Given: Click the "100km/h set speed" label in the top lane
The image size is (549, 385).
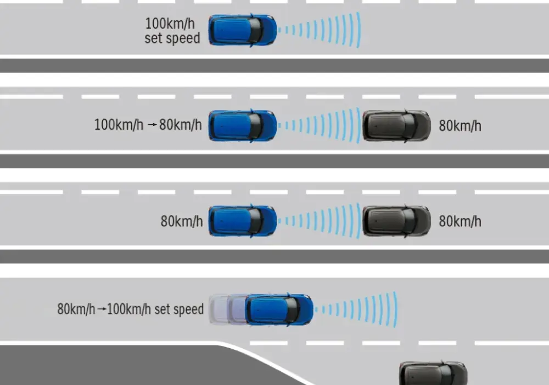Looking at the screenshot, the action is pyautogui.click(x=172, y=31).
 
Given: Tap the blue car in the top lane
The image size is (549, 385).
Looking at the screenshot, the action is pyautogui.click(x=242, y=30).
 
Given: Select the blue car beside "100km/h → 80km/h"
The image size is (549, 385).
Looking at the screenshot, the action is pyautogui.click(x=242, y=126).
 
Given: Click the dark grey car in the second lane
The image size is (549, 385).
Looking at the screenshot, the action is pyautogui.click(x=397, y=126).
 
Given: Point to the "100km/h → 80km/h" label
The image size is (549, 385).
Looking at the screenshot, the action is pyautogui.click(x=148, y=125).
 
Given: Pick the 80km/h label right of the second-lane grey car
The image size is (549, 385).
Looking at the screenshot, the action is pyautogui.click(x=460, y=126).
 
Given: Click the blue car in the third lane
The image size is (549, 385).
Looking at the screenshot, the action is pyautogui.click(x=242, y=221).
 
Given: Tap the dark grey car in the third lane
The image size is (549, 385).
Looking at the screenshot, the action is pyautogui.click(x=397, y=221).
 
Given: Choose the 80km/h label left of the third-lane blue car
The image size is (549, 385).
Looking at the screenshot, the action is pyautogui.click(x=182, y=221).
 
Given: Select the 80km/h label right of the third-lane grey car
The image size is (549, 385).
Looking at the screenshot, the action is pyautogui.click(x=460, y=221).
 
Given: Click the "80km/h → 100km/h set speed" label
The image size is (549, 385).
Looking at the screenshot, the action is pyautogui.click(x=130, y=309).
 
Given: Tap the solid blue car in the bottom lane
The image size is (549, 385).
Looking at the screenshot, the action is pyautogui.click(x=279, y=310).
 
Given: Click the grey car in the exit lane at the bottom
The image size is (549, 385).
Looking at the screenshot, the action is pyautogui.click(x=434, y=373).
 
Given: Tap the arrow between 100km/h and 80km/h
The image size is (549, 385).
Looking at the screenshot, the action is pyautogui.click(x=152, y=125).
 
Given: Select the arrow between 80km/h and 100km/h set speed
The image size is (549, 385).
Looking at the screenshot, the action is pyautogui.click(x=101, y=309).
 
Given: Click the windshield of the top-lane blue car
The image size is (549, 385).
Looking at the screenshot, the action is pyautogui.click(x=256, y=30).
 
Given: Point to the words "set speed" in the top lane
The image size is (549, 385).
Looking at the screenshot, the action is pyautogui.click(x=172, y=38).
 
